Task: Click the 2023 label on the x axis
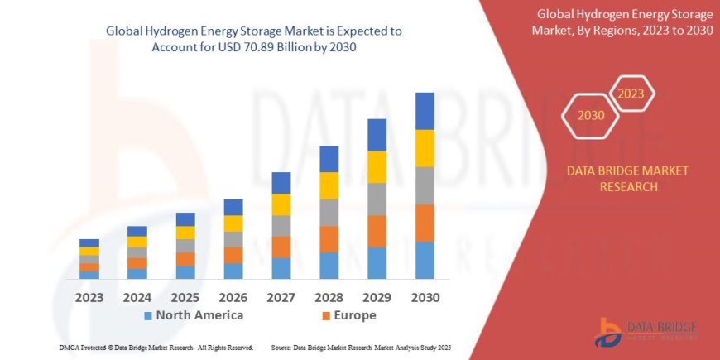[x=89, y=297]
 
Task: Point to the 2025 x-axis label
[x=185, y=297]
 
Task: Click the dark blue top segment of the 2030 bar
[x=425, y=111]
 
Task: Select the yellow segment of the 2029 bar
[x=377, y=167]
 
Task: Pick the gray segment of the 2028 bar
[x=329, y=213]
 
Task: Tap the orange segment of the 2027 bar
[x=281, y=247]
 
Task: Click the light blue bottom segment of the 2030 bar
[x=425, y=260]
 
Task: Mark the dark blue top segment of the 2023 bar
[x=89, y=242]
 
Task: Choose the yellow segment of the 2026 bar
[x=233, y=223]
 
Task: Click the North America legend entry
[x=193, y=315]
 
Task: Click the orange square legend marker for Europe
[x=326, y=316]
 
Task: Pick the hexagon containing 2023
[x=631, y=93]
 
